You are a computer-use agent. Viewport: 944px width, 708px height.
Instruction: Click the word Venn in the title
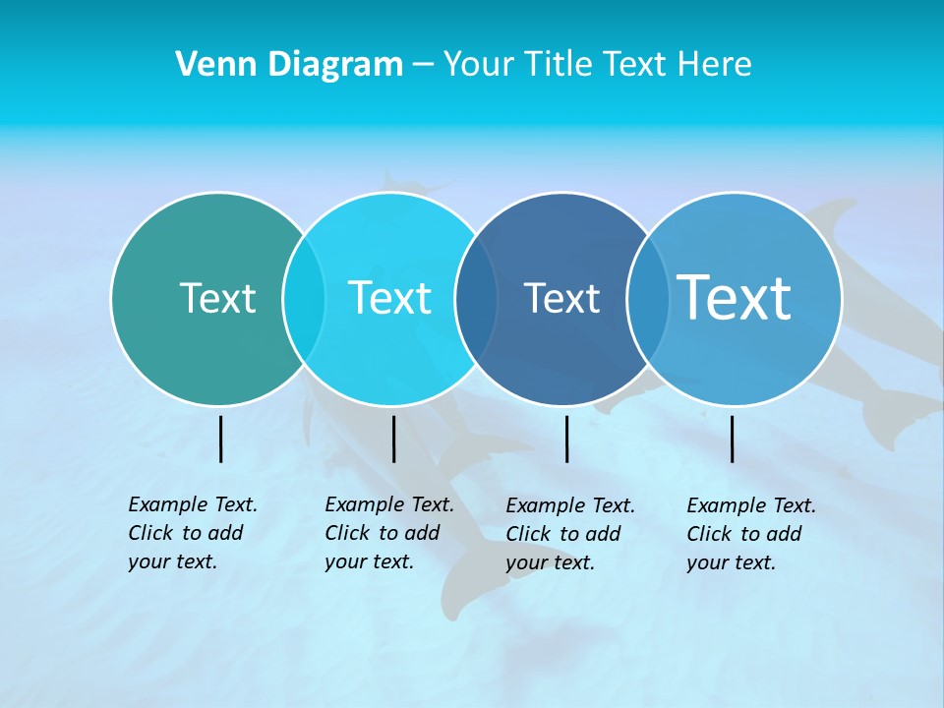pos(209,65)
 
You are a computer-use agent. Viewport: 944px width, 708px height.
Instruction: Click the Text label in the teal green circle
pos(217,298)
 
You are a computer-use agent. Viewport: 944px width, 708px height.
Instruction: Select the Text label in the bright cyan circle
pos(389,298)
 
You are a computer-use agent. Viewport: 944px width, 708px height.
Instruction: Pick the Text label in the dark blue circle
pos(561,298)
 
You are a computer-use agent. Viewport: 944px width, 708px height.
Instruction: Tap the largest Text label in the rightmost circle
pos(734,298)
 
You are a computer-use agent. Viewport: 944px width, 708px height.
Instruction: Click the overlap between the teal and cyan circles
pos(304,298)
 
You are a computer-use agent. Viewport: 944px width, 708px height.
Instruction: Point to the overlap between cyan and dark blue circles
pos(476,298)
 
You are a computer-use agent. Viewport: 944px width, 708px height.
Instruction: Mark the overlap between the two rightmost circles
pos(647,298)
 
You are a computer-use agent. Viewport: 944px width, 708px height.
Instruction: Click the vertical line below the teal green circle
pos(221,439)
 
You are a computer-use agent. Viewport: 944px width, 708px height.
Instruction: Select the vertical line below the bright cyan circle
pos(393,439)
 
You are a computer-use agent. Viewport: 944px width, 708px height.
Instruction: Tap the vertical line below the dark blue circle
pos(566,439)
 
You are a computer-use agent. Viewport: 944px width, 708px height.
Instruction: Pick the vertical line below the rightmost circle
pos(733,439)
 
